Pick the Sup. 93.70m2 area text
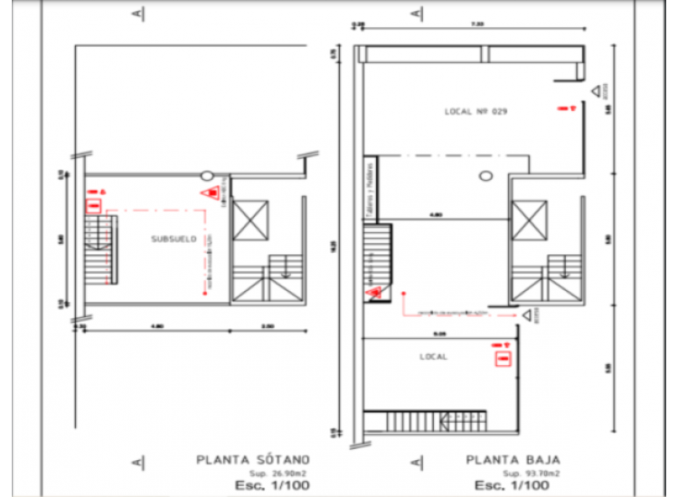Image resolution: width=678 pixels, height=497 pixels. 532,473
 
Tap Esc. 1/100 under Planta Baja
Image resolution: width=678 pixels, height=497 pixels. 526,485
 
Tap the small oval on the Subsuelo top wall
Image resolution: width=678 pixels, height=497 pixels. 207,175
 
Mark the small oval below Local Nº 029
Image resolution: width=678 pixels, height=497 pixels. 485,174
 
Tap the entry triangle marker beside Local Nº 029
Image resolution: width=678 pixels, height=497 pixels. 597,91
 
